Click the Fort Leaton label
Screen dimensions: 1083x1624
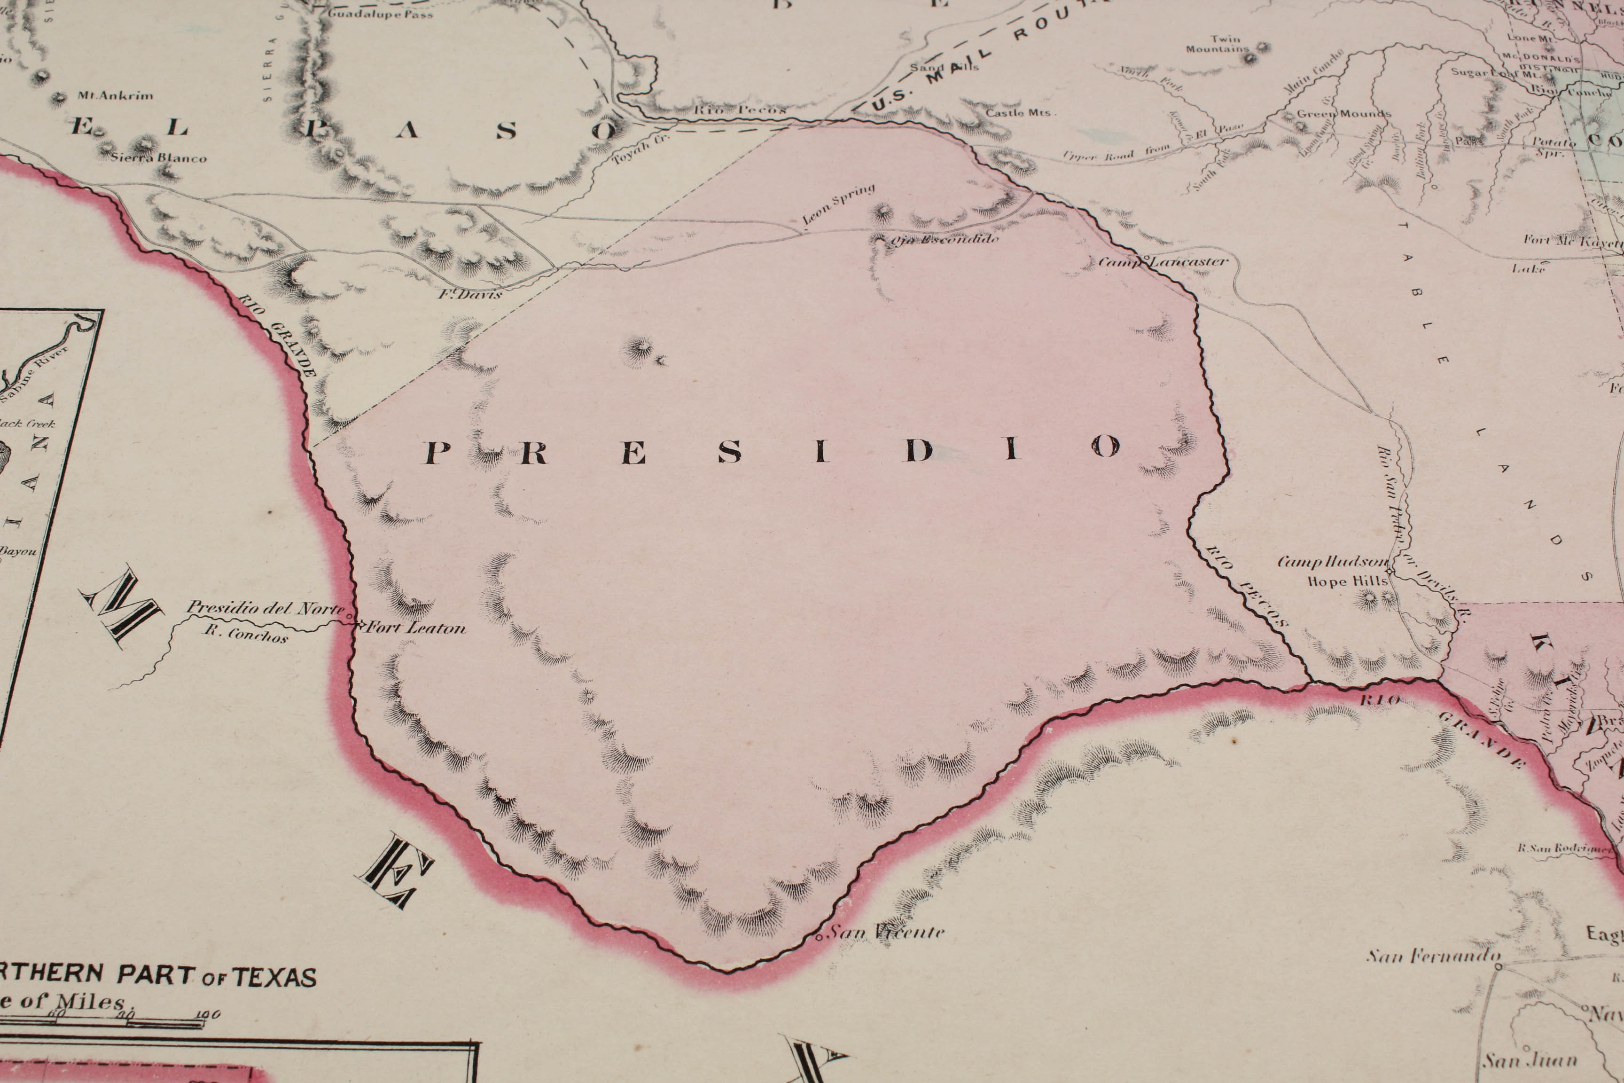(x=416, y=628)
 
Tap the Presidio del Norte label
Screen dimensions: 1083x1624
(x=266, y=609)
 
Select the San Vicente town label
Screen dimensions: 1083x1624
(x=887, y=933)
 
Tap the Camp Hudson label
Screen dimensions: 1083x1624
(x=1332, y=562)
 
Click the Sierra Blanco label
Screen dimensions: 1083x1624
(x=159, y=157)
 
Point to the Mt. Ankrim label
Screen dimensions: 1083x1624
(x=115, y=95)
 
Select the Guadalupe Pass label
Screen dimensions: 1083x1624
(x=381, y=13)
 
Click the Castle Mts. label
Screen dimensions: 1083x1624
(x=1018, y=112)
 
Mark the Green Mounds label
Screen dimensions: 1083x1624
(x=1343, y=113)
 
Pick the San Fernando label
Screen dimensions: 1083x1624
(x=1433, y=957)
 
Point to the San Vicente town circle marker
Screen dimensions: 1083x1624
(x=819, y=938)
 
